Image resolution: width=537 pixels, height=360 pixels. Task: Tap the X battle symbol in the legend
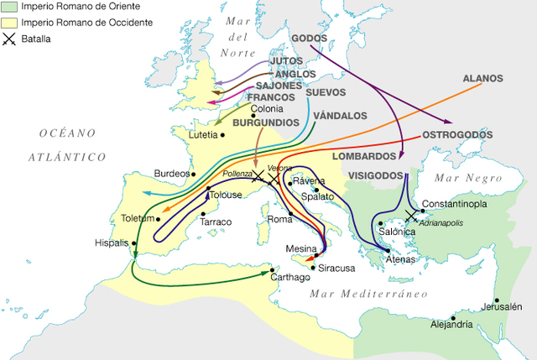pyautogui.click(x=9, y=38)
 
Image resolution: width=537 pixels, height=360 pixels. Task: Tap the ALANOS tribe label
pyautogui.click(x=482, y=79)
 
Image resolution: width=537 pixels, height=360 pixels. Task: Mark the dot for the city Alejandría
pyautogui.click(x=453, y=318)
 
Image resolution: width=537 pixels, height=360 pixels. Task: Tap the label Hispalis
pyautogui.click(x=112, y=243)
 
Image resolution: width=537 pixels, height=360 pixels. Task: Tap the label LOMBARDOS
pyautogui.click(x=363, y=156)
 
